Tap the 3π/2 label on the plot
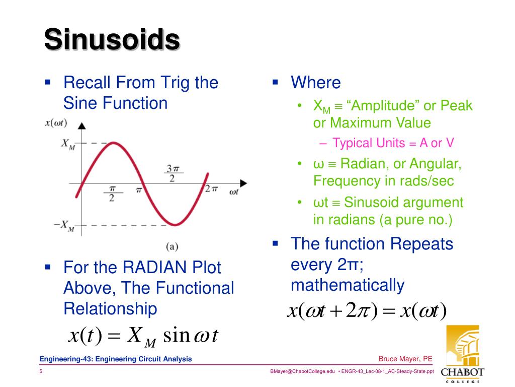pos(173,174)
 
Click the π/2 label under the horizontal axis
pos(112,193)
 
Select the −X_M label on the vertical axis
pos(64,226)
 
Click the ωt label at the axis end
pos(234,192)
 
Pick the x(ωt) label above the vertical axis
pos(56,122)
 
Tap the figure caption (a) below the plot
pos(173,247)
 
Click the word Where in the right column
pos(316,83)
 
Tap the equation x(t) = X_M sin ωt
pos(143,335)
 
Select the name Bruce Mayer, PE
pos(405,359)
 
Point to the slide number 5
pos(41,372)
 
